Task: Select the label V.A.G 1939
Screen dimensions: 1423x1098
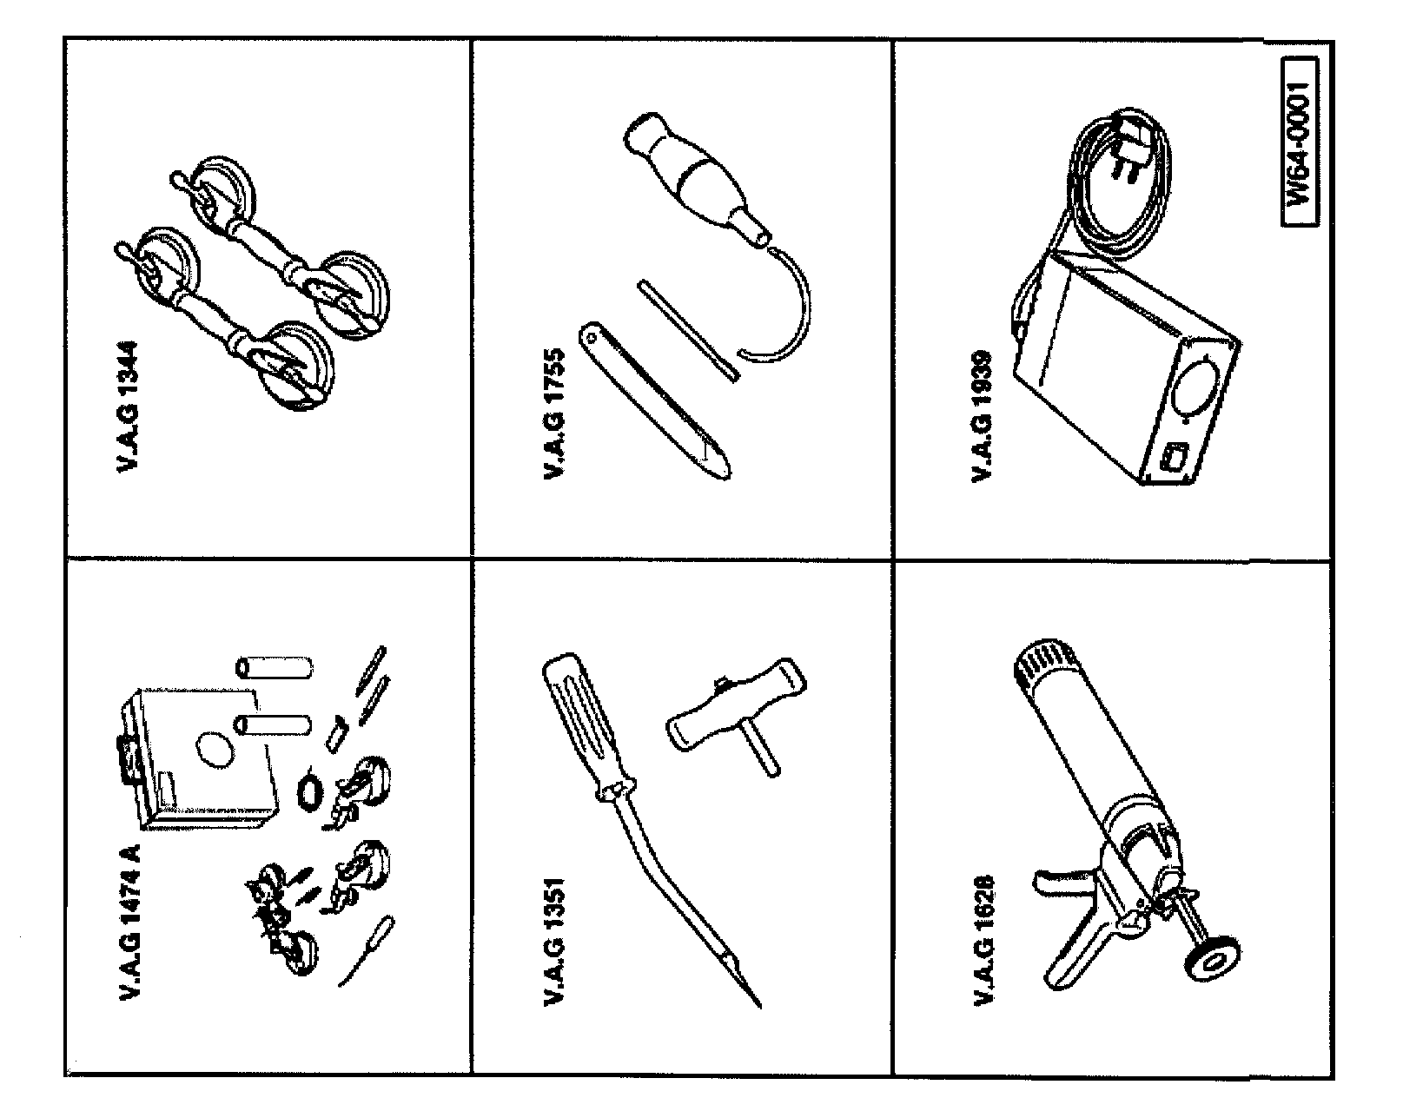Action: [x=982, y=414]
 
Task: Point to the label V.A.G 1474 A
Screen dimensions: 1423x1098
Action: [x=130, y=923]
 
